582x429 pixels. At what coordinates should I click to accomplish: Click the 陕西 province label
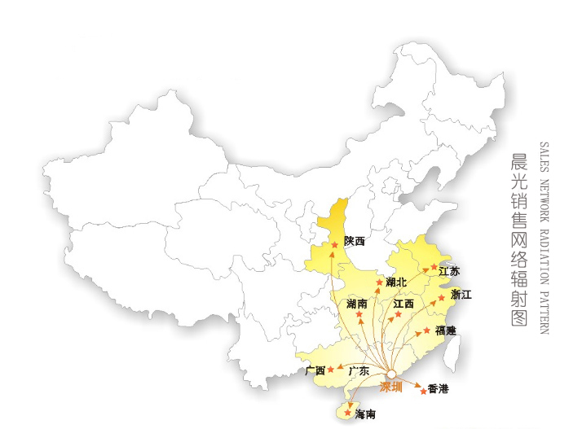point(354,241)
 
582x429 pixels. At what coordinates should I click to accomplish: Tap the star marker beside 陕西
point(335,244)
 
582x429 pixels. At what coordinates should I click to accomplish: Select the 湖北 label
point(397,282)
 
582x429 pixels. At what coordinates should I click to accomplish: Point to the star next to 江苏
point(434,266)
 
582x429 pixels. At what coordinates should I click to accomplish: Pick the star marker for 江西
point(399,314)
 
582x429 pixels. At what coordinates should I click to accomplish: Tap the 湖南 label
point(356,304)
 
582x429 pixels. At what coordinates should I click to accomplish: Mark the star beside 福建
point(426,331)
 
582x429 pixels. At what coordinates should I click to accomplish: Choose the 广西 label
point(315,371)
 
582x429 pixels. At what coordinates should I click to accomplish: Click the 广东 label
point(359,371)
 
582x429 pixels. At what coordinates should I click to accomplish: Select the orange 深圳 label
point(392,387)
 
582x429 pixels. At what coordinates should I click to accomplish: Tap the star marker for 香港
point(422,391)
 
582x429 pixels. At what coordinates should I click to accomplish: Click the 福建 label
point(446,331)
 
